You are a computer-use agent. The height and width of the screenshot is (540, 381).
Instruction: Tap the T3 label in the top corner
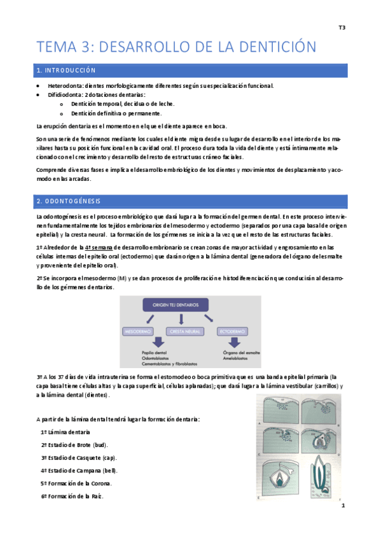(x=342, y=27)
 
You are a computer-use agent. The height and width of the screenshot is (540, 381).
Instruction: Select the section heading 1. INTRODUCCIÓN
(x=66, y=70)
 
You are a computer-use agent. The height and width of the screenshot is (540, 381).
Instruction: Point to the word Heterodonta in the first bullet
(x=66, y=86)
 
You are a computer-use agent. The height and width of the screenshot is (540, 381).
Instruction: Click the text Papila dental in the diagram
(x=156, y=353)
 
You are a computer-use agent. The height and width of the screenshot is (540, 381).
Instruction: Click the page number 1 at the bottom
(x=342, y=506)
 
